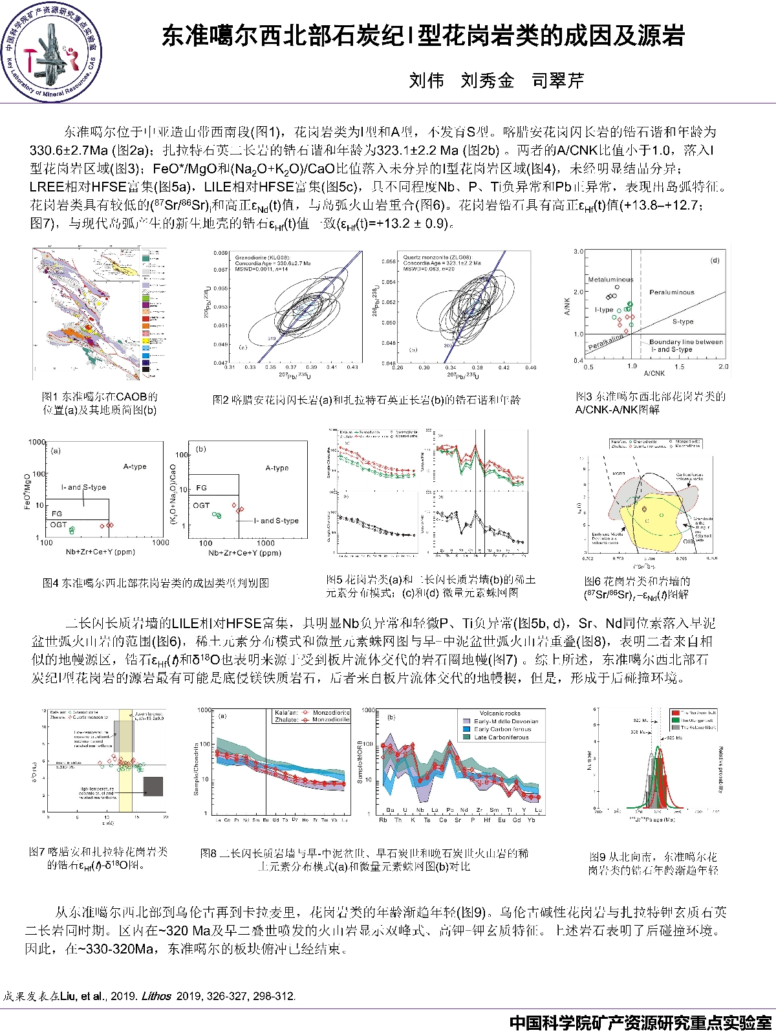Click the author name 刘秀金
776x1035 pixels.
tap(487, 80)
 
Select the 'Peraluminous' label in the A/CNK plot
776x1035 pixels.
tap(671, 292)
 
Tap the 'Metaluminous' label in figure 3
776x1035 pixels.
tap(610, 279)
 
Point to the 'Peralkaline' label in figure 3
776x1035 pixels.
tap(606, 342)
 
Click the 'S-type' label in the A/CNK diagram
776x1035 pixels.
tap(682, 321)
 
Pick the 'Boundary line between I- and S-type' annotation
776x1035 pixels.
tap(685, 345)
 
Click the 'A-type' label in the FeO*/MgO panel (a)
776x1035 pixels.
tap(135, 466)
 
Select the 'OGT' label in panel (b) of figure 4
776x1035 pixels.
tap(201, 505)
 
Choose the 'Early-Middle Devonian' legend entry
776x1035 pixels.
tap(506, 721)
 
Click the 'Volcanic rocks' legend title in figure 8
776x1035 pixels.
tap(499, 714)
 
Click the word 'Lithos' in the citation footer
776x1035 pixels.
tap(156, 996)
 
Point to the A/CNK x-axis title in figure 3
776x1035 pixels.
tap(654, 373)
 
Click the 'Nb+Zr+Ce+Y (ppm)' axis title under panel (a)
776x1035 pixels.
tap(100, 552)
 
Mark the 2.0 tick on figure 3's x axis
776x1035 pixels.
tap(723, 367)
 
